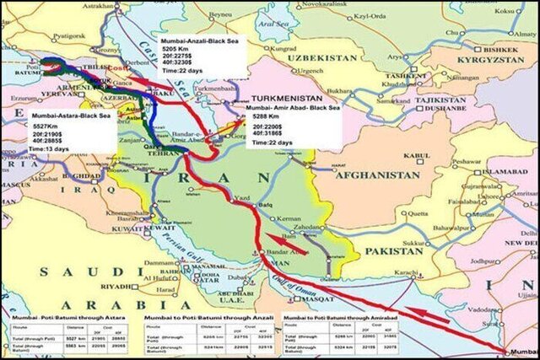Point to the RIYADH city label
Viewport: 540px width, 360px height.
click(x=140, y=287)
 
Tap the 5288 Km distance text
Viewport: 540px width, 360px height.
click(x=264, y=118)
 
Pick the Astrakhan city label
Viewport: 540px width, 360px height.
click(x=98, y=6)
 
